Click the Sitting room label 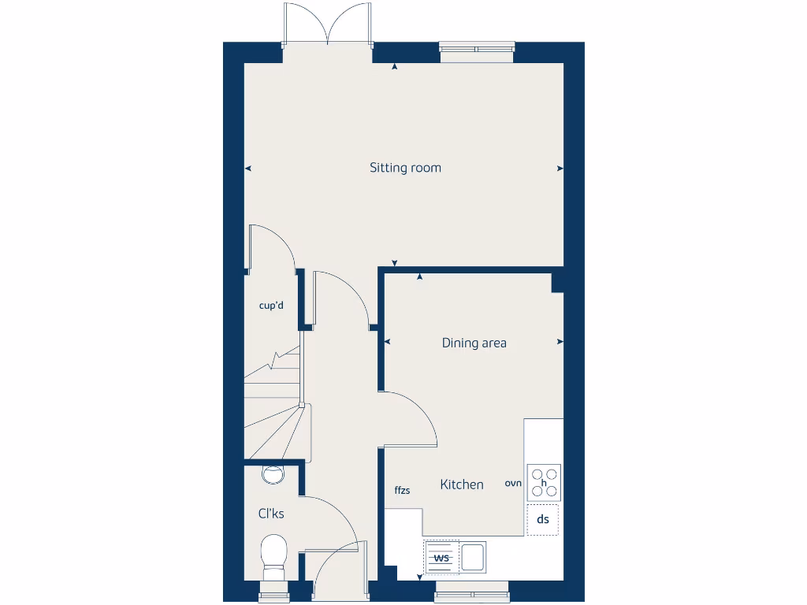tap(405, 168)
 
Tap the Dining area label tap(474, 343)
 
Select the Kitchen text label tap(462, 484)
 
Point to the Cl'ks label tap(271, 514)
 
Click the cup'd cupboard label tap(271, 306)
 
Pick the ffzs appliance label tap(402, 491)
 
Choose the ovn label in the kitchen tap(513, 484)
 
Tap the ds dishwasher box tap(542, 520)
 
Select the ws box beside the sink tap(441, 558)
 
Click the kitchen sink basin tap(473, 557)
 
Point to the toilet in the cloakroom tap(274, 556)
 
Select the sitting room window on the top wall tap(476, 51)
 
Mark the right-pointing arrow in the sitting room tap(560, 168)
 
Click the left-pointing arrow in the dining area tap(386, 342)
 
